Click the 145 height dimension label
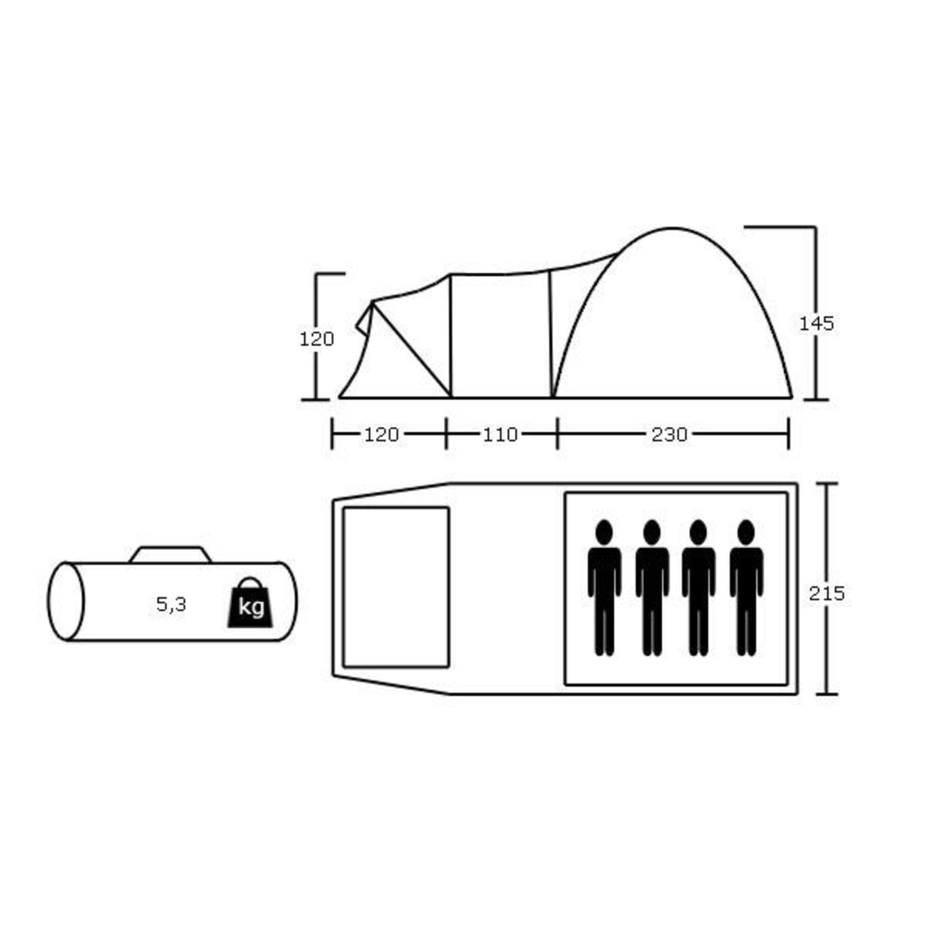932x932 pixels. [816, 324]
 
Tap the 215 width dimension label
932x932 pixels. [827, 593]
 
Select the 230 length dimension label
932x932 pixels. [669, 435]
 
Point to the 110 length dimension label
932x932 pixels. [500, 435]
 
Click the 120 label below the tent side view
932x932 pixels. [381, 435]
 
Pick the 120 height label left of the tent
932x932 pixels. [317, 339]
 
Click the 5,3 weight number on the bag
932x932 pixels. [171, 604]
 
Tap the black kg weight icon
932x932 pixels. [250, 603]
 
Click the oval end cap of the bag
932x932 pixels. [65, 602]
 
